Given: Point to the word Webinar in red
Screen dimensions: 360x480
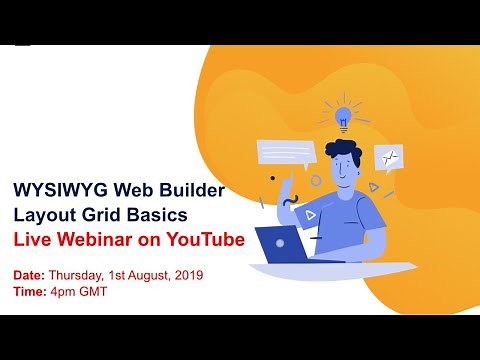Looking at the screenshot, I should tap(105, 240).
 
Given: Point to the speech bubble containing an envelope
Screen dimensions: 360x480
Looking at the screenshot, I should tap(388, 157).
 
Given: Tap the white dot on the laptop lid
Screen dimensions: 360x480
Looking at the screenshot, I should tap(280, 243).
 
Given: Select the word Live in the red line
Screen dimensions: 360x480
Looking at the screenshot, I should tap(31, 240).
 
